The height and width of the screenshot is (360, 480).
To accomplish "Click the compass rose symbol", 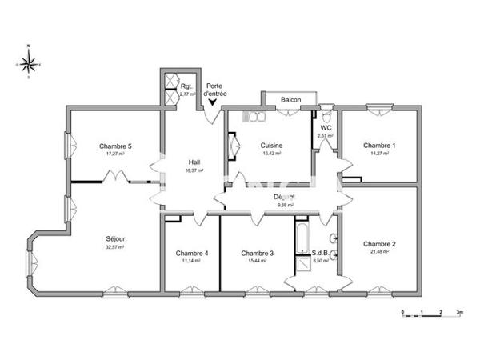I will [28, 62].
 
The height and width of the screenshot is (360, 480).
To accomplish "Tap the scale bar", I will [432, 315].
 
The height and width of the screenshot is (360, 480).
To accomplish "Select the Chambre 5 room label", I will [115, 146].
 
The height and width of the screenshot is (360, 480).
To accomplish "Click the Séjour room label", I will [115, 238].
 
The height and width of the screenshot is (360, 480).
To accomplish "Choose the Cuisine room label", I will [271, 146].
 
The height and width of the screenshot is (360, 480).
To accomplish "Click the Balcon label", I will [290, 100].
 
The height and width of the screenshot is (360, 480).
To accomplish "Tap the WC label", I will [326, 128].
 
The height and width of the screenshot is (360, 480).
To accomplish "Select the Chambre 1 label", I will [378, 146].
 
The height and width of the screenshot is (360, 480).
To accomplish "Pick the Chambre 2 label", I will [378, 243].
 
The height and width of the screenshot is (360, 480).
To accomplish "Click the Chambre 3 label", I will [257, 254].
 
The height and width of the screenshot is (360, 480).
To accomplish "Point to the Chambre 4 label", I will [192, 254].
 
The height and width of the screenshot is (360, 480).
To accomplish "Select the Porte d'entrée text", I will [215, 90].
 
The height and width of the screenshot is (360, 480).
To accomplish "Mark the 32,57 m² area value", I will [115, 247].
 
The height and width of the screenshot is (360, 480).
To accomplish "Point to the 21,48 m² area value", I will [378, 252].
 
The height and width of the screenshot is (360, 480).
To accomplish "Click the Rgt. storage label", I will [186, 86].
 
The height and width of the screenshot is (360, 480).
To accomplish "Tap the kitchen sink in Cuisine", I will [254, 118].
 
